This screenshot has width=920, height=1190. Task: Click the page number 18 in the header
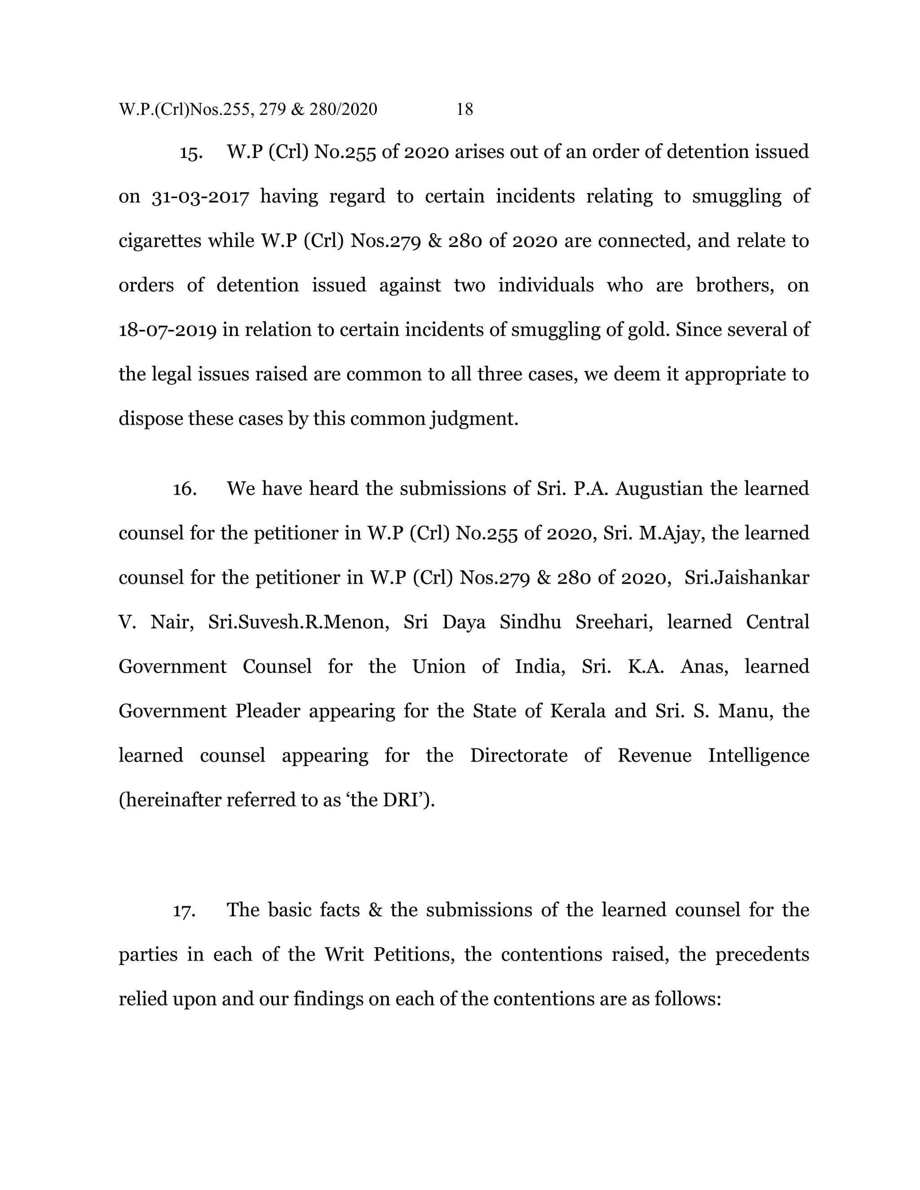464,110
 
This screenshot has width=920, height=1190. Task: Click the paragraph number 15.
191,153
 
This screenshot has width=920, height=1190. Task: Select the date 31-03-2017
200,197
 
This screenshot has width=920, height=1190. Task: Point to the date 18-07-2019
167,330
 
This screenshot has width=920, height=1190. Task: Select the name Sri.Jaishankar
747,577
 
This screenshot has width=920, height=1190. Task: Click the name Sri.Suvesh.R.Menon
299,622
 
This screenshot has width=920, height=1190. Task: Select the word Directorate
518,756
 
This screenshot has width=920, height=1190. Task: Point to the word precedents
762,955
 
